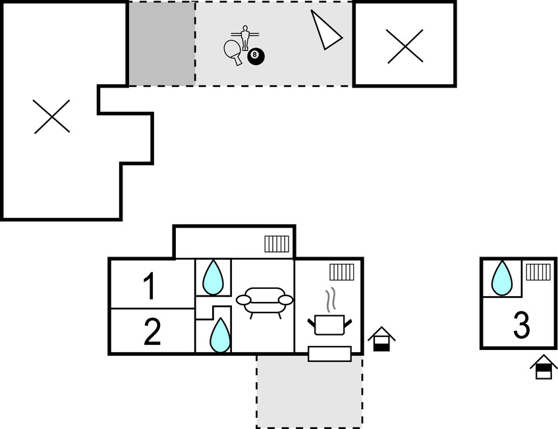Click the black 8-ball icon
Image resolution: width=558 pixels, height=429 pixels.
[x=256, y=57]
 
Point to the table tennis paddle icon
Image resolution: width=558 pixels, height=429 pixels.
[x=233, y=51]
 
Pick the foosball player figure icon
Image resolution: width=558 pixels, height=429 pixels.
[x=246, y=37]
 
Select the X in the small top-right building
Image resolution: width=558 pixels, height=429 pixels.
[x=405, y=47]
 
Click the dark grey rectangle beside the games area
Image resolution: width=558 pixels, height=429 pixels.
[x=161, y=43]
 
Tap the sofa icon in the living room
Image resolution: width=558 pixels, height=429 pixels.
[x=264, y=301]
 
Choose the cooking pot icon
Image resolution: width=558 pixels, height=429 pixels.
[x=329, y=324]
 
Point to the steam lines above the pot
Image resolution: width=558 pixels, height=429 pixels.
[x=333, y=298]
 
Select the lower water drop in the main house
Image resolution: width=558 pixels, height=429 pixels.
[x=219, y=335]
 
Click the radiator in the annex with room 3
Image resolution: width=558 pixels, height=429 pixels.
[x=538, y=272]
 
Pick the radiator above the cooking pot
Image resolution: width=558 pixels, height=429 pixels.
[x=342, y=272]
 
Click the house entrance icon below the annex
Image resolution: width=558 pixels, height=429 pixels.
[x=544, y=366]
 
